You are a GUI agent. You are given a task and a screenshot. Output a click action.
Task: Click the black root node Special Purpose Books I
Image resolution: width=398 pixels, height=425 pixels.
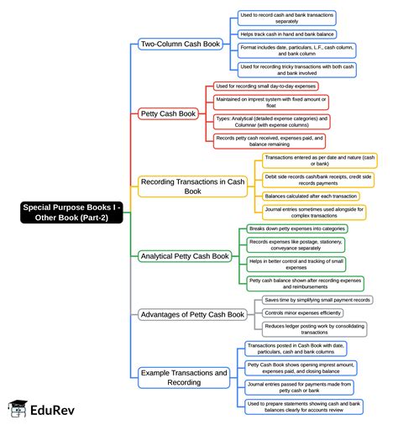click(x=72, y=212)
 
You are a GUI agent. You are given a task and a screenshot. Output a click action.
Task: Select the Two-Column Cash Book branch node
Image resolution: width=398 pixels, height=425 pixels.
click(x=181, y=44)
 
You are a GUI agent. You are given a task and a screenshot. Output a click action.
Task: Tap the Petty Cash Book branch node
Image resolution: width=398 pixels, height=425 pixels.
click(x=167, y=113)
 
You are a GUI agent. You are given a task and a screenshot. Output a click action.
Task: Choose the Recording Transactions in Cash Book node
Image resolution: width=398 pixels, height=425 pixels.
click(x=192, y=186)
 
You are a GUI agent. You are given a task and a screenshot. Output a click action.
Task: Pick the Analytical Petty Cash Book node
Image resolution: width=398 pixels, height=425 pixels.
click(x=185, y=255)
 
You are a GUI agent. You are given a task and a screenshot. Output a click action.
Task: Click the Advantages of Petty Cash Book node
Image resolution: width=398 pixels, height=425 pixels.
click(x=192, y=314)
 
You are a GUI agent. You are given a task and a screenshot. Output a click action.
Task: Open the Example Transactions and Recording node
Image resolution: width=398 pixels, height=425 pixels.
click(x=184, y=377)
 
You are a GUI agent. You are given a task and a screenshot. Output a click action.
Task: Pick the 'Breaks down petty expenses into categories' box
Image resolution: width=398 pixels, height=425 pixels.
click(x=296, y=228)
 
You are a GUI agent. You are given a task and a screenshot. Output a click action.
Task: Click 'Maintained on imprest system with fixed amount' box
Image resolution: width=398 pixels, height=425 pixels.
click(x=270, y=102)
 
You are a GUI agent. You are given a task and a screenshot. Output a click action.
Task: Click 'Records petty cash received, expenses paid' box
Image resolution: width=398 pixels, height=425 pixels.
click(x=269, y=140)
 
